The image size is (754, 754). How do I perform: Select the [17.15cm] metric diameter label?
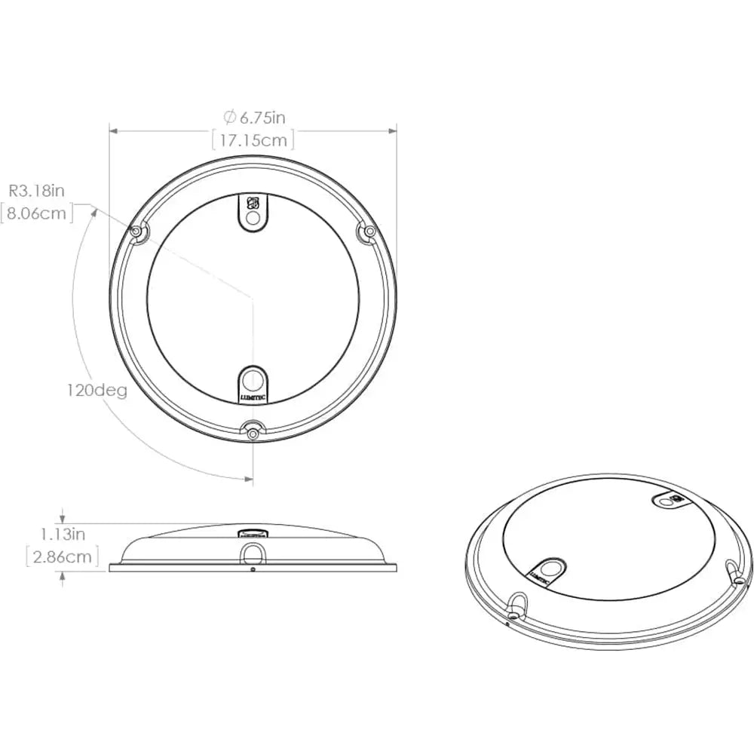pos(253,139)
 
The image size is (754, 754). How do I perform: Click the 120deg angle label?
pos(95,391)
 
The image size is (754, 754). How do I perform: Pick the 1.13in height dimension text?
pos(65,535)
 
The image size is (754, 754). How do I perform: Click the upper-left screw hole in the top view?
pos(137,234)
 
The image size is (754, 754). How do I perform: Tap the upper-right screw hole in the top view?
pos(368,234)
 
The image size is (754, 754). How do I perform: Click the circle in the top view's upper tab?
pos(253,219)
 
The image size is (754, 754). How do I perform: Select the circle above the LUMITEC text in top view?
pos(253,378)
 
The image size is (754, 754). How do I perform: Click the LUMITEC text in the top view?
pos(253,394)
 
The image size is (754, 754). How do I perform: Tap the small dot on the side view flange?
pos(253,569)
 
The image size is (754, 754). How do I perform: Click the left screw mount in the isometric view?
pos(517,602)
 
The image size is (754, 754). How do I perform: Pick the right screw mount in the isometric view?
pos(734,572)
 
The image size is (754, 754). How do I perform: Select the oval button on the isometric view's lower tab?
pos(549,566)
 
